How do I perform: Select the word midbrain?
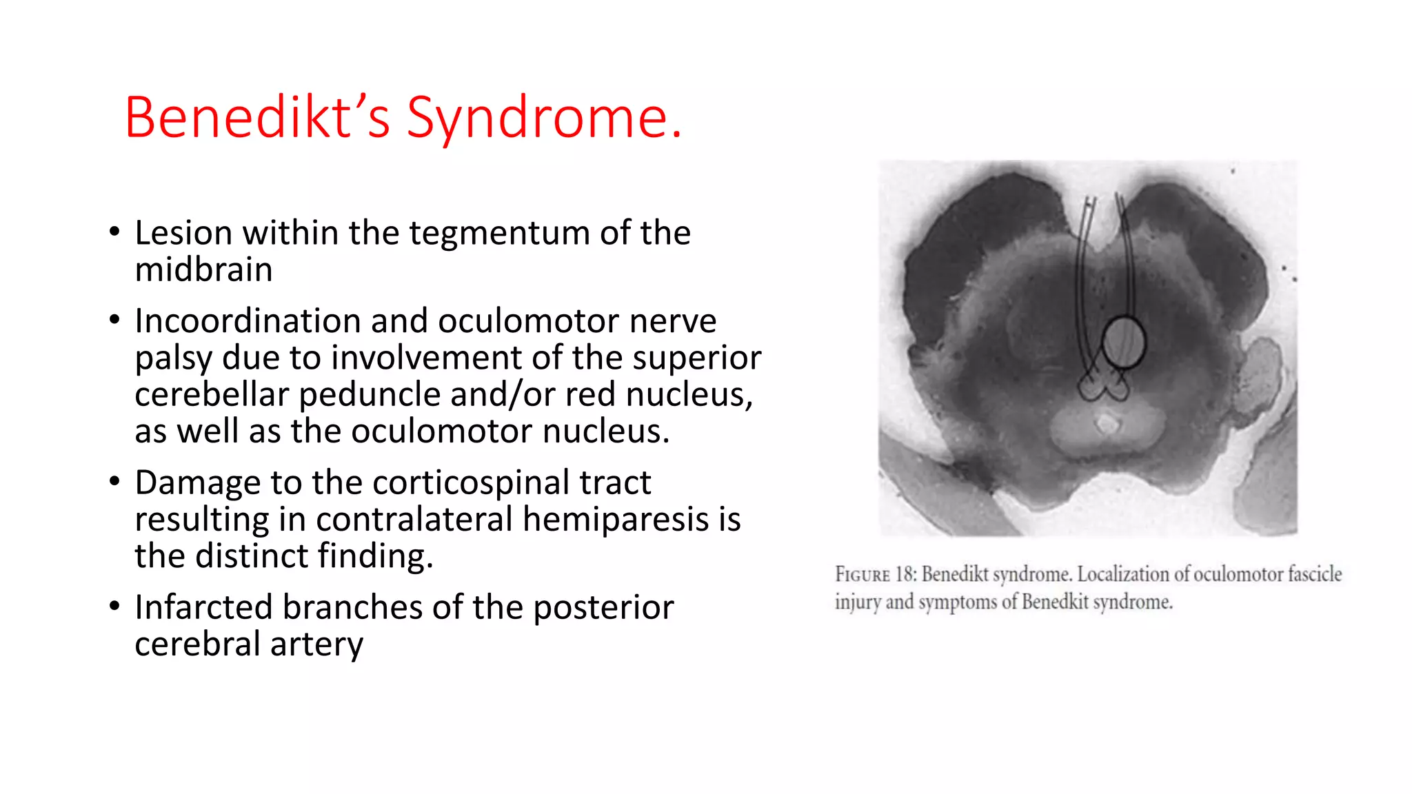click(203, 269)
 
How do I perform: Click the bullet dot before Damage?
click(114, 481)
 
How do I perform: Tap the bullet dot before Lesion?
click(114, 232)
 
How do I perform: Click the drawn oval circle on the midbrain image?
click(1123, 342)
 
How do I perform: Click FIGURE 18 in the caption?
click(874, 574)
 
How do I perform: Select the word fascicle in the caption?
click(1314, 574)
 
